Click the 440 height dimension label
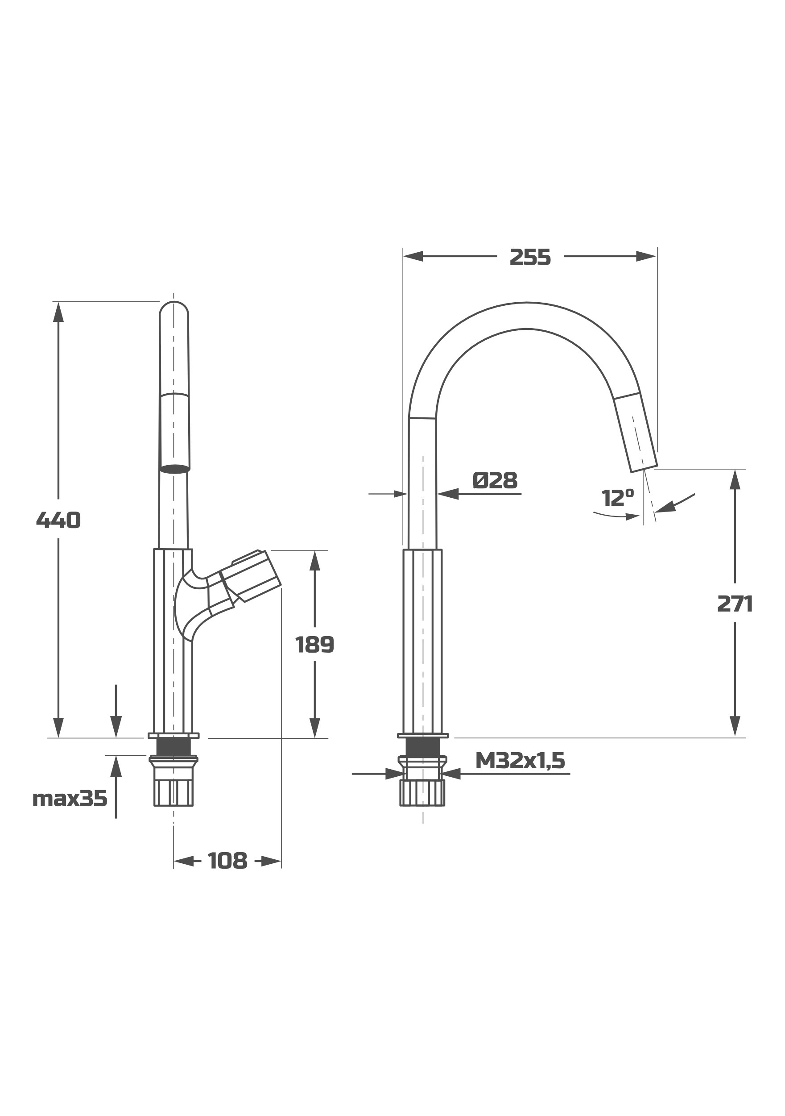pyautogui.click(x=58, y=521)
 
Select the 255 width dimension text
pyautogui.click(x=530, y=258)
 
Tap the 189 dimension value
pyautogui.click(x=315, y=645)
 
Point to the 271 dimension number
pyautogui.click(x=735, y=604)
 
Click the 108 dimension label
pyautogui.click(x=227, y=861)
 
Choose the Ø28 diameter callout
pyautogui.click(x=495, y=480)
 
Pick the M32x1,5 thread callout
pyautogui.click(x=520, y=760)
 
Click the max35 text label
pyautogui.click(x=70, y=799)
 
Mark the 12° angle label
pyautogui.click(x=617, y=498)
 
